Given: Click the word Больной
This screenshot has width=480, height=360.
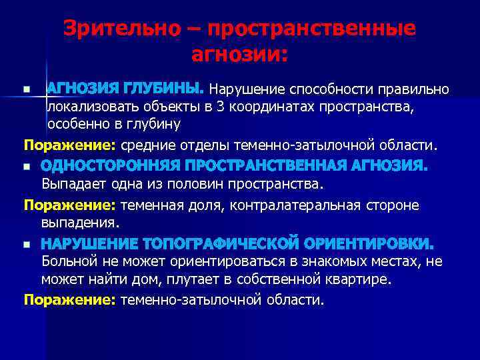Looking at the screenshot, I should pyautogui.click(x=67, y=261).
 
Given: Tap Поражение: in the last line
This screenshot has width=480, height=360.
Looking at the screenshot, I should pyautogui.click(x=70, y=300).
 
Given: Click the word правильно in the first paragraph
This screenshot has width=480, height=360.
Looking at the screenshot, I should pyautogui.click(x=413, y=89).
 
